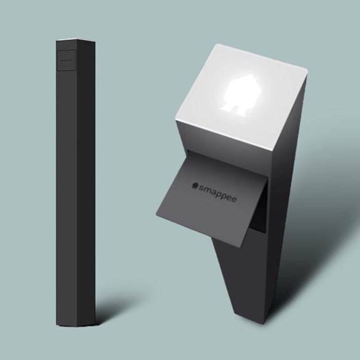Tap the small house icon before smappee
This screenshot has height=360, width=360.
tap(195, 185)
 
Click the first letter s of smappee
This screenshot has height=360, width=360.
tap(201, 188)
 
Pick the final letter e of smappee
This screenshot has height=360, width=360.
tap(234, 200)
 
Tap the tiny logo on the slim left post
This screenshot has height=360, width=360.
tap(66, 61)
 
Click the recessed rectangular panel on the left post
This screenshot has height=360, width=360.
tap(66, 60)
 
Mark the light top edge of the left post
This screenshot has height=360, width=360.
tap(76, 40)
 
